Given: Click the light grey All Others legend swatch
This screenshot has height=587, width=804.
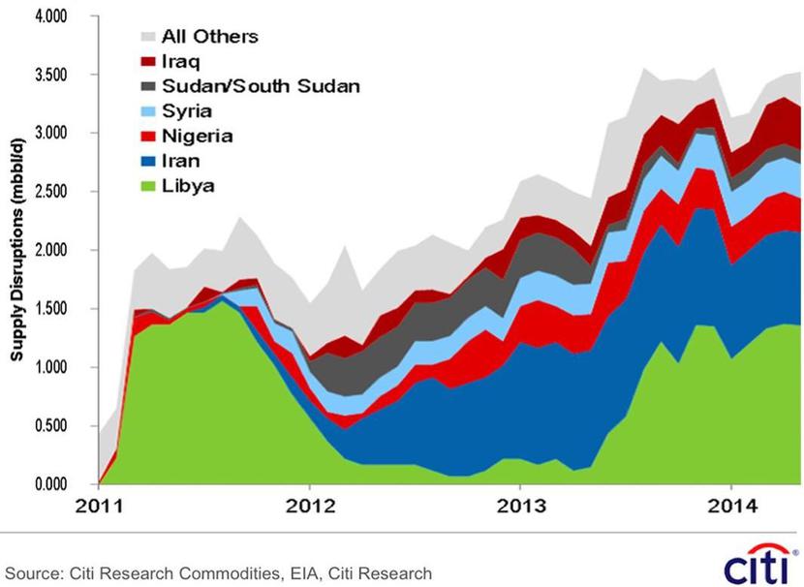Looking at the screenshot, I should coord(147,38).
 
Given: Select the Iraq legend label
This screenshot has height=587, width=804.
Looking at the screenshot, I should coord(181,62).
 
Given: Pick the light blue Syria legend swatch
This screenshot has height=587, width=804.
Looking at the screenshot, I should coord(147,111).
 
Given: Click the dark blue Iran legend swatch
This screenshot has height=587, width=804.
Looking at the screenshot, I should coord(147,161).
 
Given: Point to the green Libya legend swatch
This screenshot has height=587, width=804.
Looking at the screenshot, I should coord(147,185).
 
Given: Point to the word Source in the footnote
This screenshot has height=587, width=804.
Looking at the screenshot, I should coord(34,573).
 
